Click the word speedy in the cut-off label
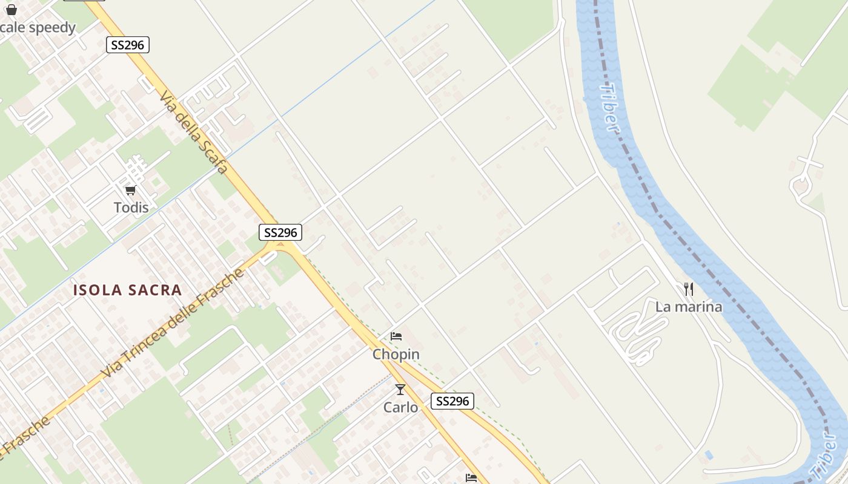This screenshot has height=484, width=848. tap(52, 28)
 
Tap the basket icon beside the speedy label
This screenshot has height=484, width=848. tap(12, 10)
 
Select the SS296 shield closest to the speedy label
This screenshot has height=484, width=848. tap(128, 45)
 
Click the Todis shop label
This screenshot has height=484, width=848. tap(131, 208)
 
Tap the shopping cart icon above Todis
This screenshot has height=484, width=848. tap(130, 191)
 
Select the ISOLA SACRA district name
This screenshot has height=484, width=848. tap(127, 290)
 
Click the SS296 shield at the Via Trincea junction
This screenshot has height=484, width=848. tap(280, 232)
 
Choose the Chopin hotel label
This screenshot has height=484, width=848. tap(396, 354)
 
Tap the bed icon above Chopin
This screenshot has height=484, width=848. tap(396, 336)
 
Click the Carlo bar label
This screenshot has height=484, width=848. tap(400, 407)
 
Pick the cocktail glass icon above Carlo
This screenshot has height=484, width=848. tap(400, 390)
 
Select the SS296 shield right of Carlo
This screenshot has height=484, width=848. tap(452, 401)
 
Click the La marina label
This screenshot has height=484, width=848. tap(689, 307)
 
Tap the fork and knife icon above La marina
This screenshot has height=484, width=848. tap(688, 289)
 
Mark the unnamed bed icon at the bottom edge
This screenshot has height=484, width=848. tap(471, 478)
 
